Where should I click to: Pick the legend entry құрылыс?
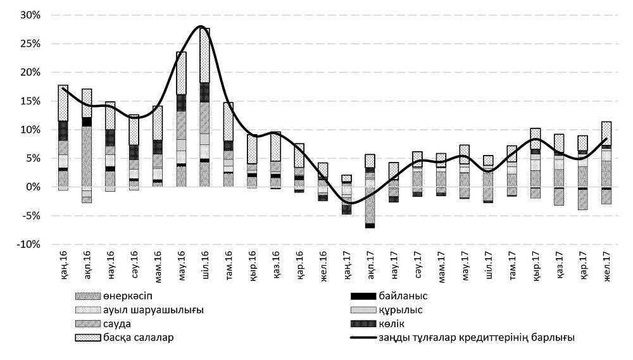coord(401,309)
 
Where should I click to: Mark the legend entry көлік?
coord(394,323)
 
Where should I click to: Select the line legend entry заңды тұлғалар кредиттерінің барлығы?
coord(477,337)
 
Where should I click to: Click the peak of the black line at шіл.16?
coord(201,27)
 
